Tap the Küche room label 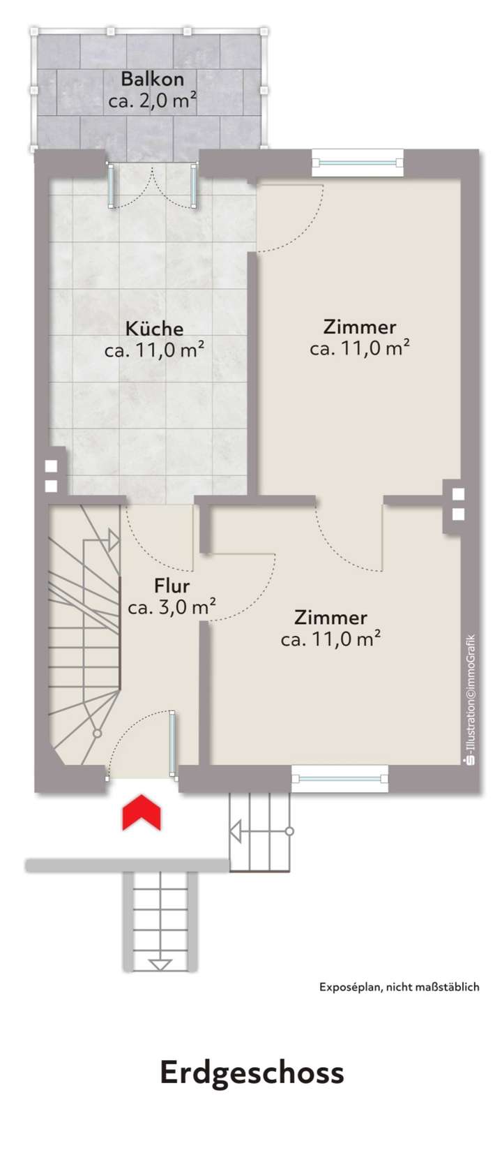point(154,328)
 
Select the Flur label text point(172,586)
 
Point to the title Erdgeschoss point(252,1073)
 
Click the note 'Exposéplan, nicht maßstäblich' point(399,987)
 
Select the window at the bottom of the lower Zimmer point(340,777)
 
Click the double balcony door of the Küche point(153,186)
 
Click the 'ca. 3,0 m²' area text point(172,607)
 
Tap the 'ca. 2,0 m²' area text point(152,100)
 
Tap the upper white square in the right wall point(458,494)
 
